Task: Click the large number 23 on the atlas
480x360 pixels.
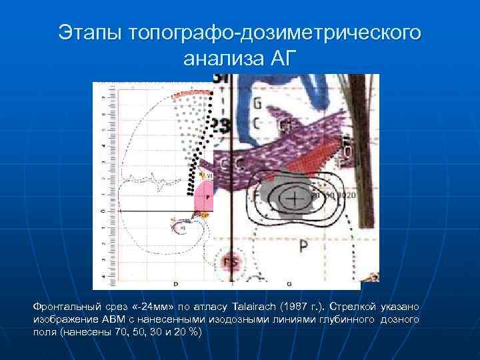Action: click(x=221, y=126)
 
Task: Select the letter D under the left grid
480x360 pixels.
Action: click(x=175, y=284)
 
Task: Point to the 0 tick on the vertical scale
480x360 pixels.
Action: click(x=102, y=211)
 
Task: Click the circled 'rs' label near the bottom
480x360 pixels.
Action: click(x=233, y=261)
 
